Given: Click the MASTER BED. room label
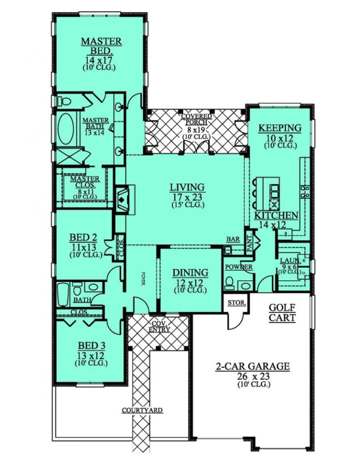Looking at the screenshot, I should coord(101,46).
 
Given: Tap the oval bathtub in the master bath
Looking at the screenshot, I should coord(67,129).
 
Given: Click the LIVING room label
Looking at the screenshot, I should coord(187,187).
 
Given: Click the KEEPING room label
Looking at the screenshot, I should coord(280,128).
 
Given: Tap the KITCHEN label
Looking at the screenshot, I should coord(276,215).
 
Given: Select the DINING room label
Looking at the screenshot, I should coord(190,272).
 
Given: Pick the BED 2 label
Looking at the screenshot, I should coord(83,237).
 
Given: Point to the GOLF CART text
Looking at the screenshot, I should coord(282,312).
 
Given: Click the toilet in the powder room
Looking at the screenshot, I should coord(230,283).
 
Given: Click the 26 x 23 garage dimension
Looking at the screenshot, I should coord(253,376).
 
